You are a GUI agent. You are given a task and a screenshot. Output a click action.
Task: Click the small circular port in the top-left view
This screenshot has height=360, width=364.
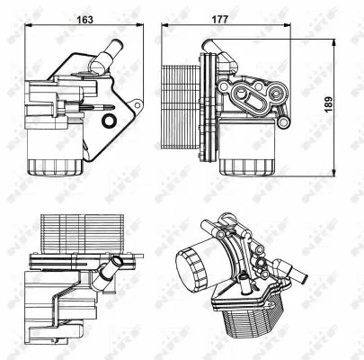click(108, 121)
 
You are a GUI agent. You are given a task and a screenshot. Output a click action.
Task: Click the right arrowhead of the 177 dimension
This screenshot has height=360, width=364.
click(327, 29)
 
